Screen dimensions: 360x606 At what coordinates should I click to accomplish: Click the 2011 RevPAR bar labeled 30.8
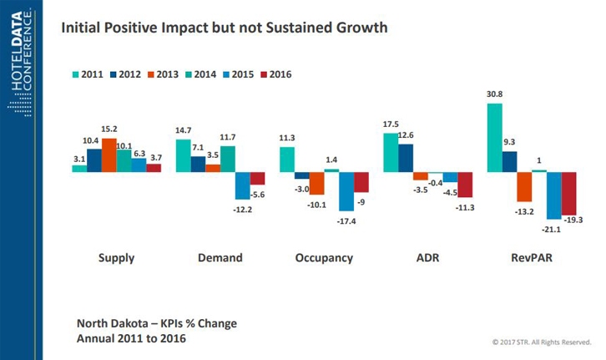click(x=494, y=137)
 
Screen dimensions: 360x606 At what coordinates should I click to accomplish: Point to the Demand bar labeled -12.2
click(x=243, y=185)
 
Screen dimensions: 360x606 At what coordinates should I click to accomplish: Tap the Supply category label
click(x=115, y=258)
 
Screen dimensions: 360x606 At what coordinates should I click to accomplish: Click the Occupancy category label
click(x=324, y=258)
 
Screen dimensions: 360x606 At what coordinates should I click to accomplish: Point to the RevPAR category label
click(x=532, y=258)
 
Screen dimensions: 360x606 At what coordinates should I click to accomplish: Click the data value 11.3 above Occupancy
click(x=286, y=139)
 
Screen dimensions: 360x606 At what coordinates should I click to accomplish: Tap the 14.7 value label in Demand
click(x=184, y=131)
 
